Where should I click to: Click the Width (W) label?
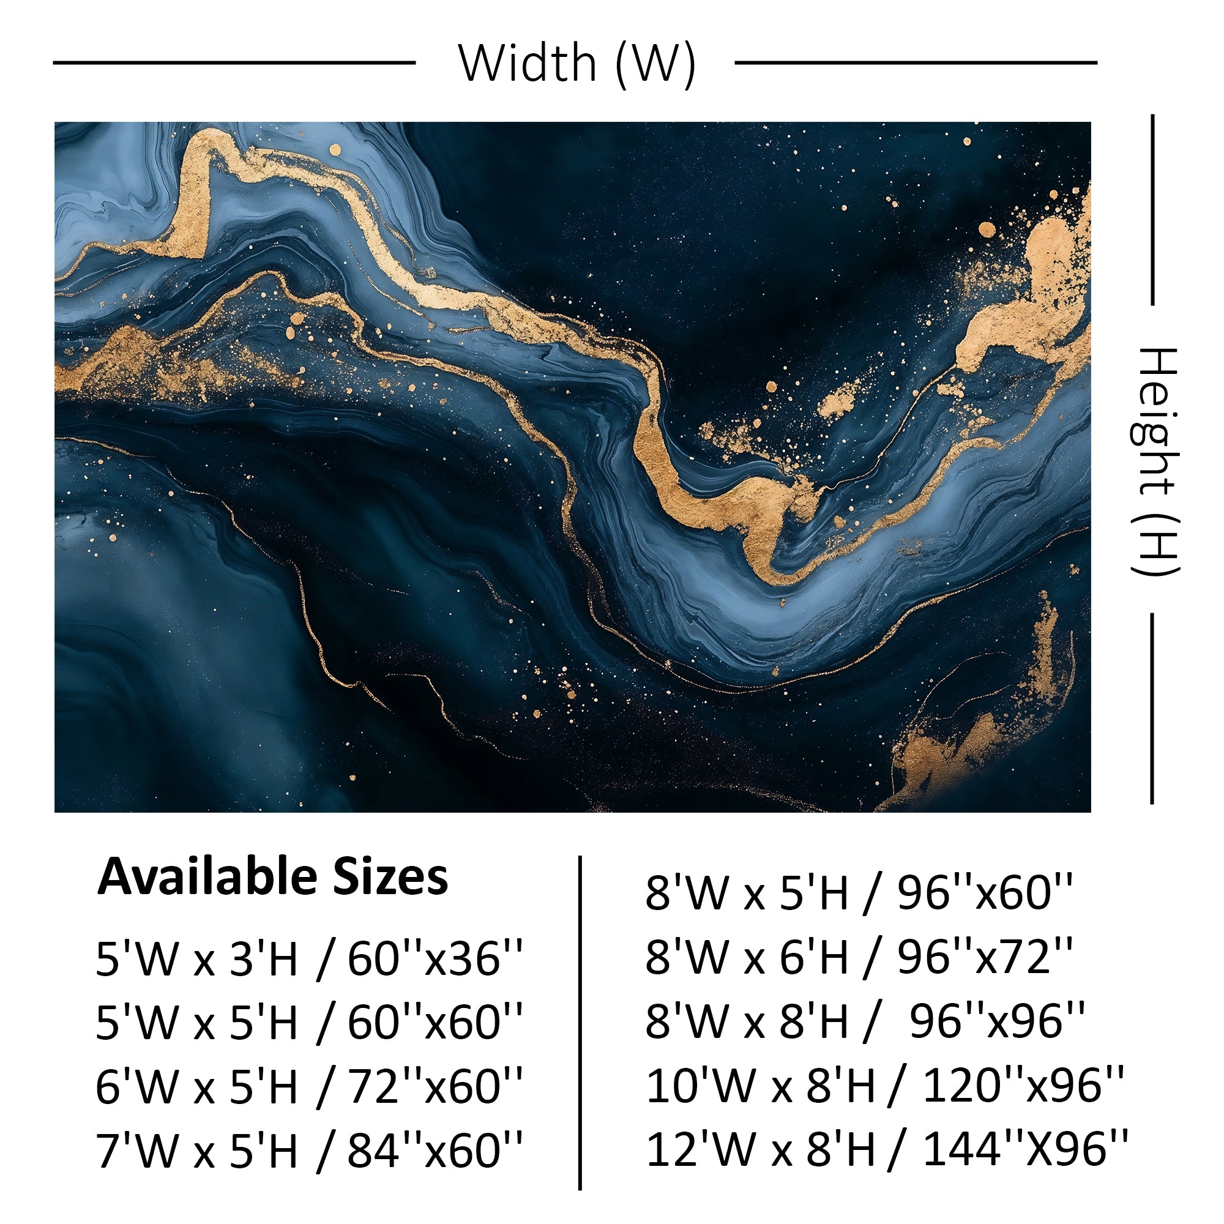(x=577, y=64)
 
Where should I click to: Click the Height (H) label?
(x=1154, y=461)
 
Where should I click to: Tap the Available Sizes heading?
(x=272, y=877)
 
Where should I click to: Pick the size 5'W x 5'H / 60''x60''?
(x=309, y=1023)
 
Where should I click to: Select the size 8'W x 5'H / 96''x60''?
(x=859, y=894)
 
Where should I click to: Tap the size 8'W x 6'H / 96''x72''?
(x=859, y=957)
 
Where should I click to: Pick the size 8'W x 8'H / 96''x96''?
(x=865, y=1021)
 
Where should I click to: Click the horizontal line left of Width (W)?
(x=234, y=62)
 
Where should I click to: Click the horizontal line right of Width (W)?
(x=916, y=62)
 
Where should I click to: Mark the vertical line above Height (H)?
(x=1152, y=209)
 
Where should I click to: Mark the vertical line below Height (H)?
(x=1152, y=708)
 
